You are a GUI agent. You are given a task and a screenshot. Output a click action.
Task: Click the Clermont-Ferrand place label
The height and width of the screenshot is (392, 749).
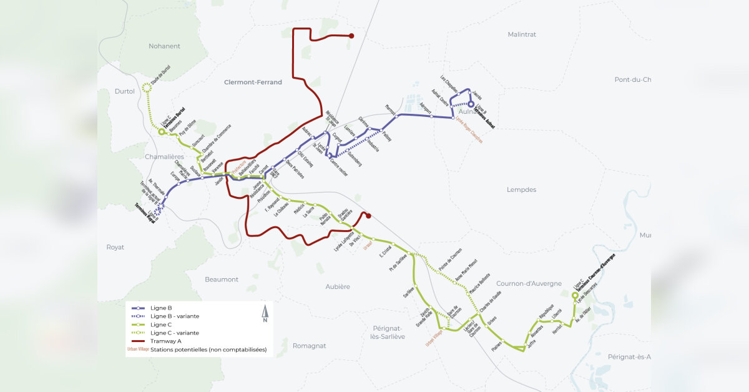[253, 82]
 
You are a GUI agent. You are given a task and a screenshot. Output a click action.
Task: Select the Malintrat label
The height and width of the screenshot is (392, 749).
[522, 34]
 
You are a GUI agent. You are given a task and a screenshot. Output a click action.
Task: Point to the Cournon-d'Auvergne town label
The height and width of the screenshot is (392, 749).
[529, 283]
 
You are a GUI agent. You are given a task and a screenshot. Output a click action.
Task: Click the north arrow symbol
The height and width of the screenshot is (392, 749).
[265, 313]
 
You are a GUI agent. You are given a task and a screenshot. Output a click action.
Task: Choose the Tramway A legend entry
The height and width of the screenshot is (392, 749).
[165, 341]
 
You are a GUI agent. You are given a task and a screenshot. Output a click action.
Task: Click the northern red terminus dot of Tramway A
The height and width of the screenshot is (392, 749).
[351, 36]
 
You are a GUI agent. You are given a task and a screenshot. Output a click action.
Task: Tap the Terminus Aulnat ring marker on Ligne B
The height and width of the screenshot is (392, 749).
[471, 105]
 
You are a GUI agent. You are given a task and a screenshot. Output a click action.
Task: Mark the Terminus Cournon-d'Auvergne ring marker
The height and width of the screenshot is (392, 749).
[575, 295]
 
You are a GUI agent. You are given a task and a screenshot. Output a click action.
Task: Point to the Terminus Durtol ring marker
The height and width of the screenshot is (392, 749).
[161, 132]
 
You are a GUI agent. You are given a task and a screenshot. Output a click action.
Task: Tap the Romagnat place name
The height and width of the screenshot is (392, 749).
[310, 346]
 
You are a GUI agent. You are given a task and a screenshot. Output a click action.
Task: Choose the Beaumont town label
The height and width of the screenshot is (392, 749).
[222, 279]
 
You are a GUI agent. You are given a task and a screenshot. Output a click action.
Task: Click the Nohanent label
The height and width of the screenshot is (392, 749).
[164, 46]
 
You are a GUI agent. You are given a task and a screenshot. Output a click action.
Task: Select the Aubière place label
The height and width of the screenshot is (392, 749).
[338, 286]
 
